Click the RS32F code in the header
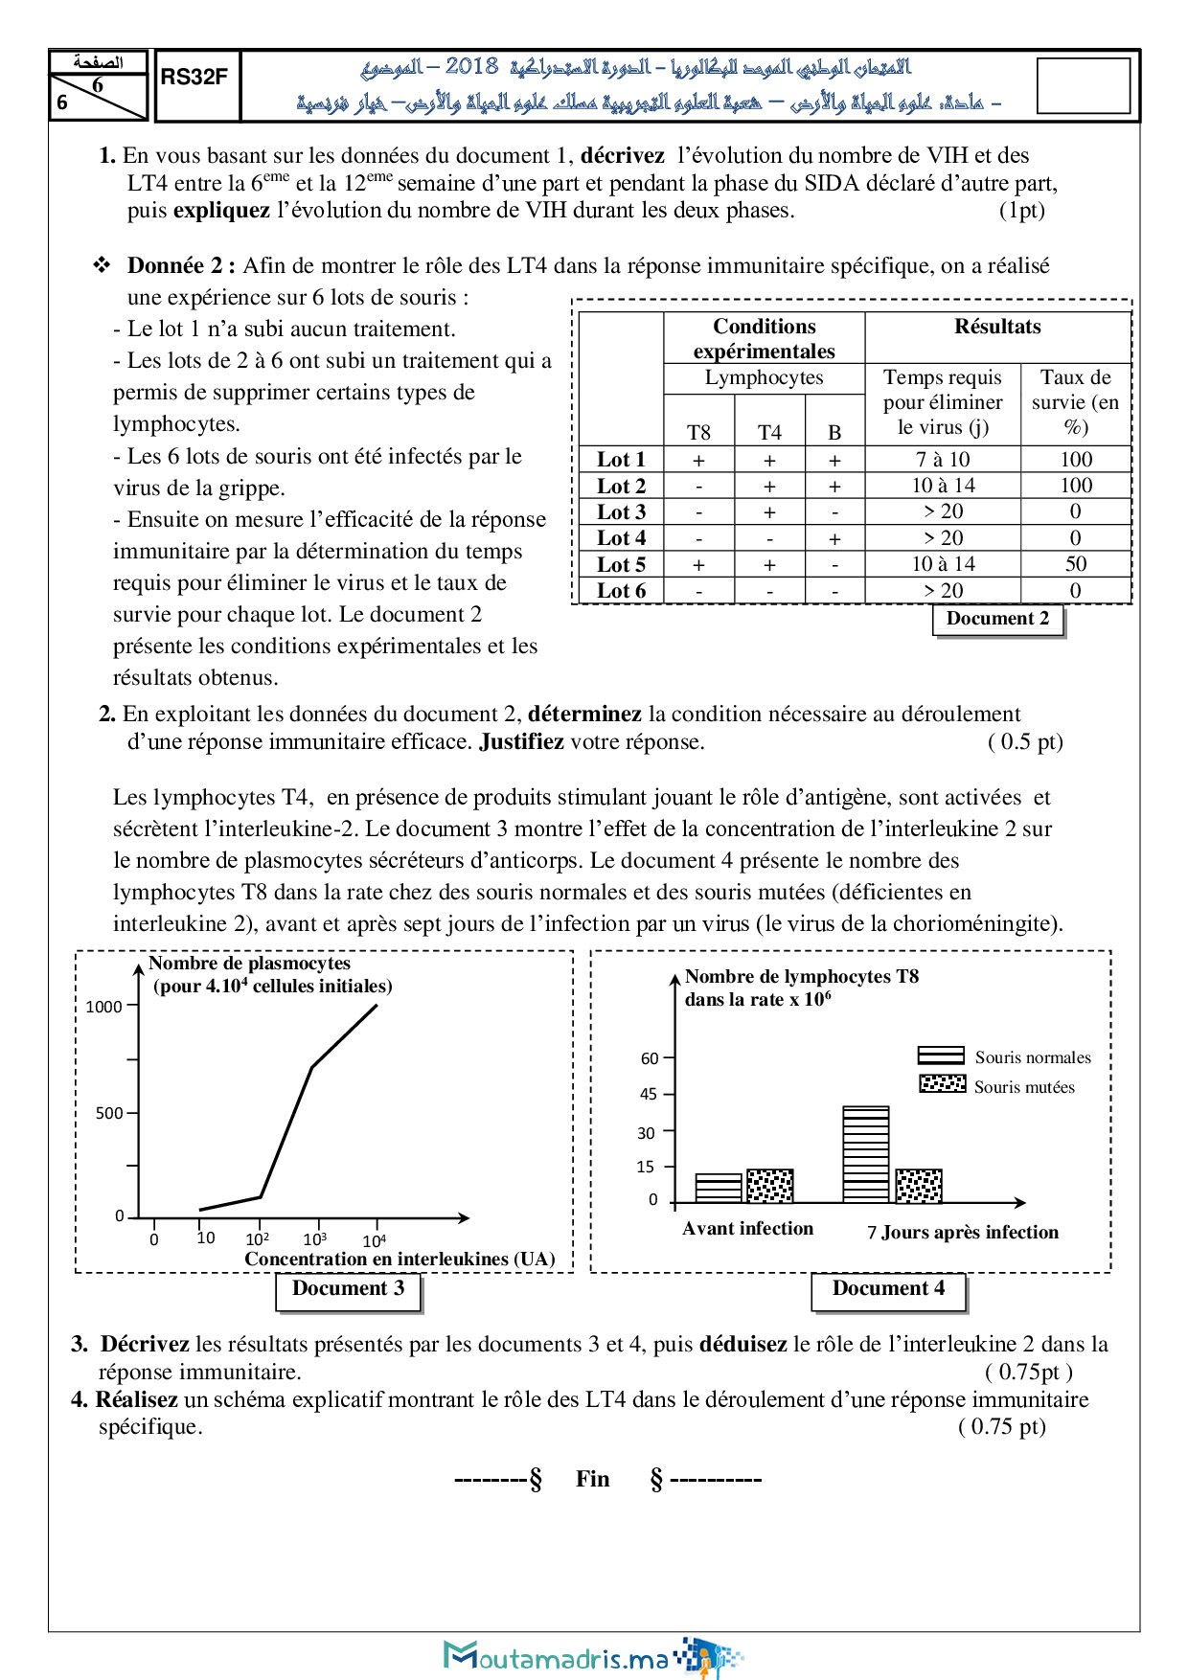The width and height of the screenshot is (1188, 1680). point(194,78)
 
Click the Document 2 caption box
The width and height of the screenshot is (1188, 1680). point(997,619)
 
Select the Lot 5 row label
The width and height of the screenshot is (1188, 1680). point(621,565)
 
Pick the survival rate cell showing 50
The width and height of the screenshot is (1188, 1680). point(1075,564)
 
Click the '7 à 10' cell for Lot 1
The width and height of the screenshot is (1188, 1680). point(942,460)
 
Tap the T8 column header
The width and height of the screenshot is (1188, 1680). point(698,433)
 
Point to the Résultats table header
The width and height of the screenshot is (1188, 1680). point(997,327)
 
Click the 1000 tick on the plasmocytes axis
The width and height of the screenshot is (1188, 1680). point(104,1007)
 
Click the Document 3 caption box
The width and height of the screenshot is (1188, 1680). point(348,1289)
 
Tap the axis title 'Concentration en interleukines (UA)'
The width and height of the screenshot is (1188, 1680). point(400,1259)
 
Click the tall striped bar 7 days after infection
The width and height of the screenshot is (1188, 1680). point(865,1154)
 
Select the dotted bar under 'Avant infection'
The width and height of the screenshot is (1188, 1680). point(769,1186)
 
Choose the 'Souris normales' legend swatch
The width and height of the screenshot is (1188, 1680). point(940,1056)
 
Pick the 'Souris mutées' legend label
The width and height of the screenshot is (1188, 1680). point(1024,1087)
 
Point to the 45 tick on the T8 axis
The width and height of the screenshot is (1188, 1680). point(649,1094)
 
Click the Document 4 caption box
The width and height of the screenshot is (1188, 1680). point(888,1289)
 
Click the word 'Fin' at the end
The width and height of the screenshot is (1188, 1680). point(592,1479)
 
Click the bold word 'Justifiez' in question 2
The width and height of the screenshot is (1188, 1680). point(521,742)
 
